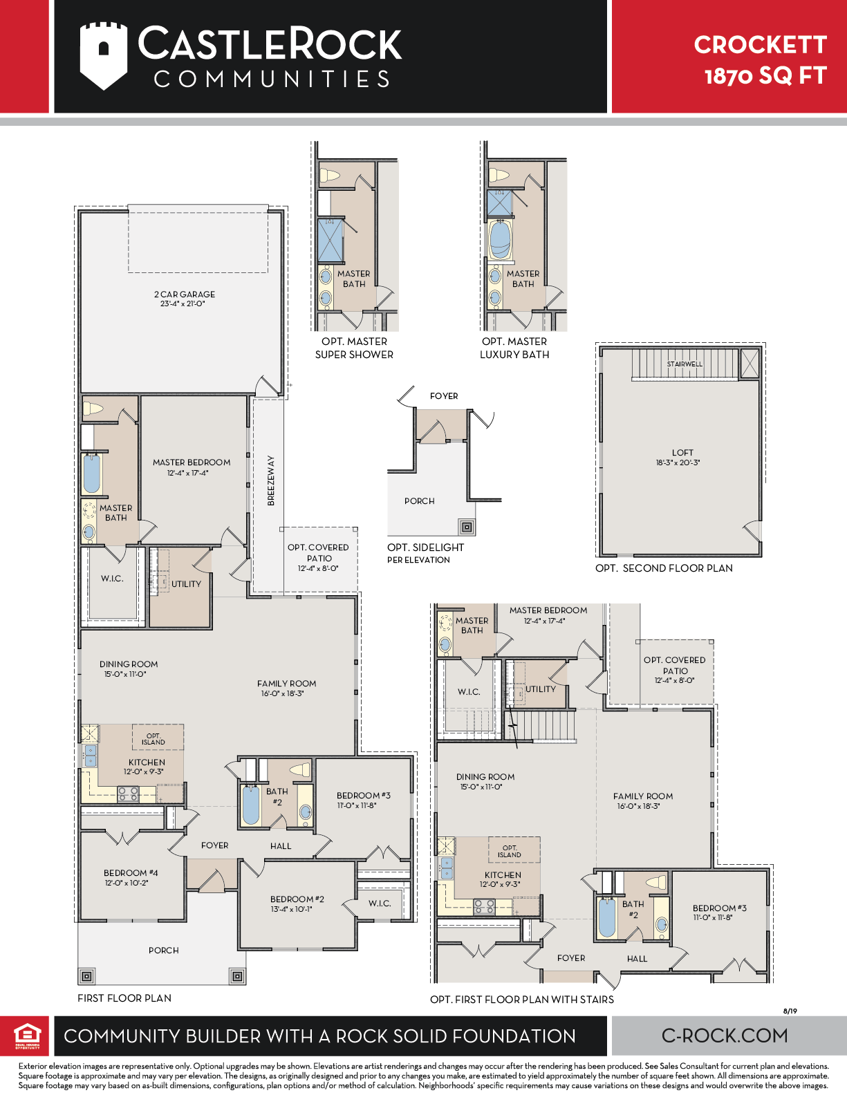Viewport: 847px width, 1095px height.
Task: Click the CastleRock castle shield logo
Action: (x=103, y=55)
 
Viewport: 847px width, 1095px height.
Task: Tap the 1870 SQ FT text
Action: (x=765, y=76)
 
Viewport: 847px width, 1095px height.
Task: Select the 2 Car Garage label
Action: (x=185, y=294)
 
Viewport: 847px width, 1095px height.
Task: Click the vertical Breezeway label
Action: (x=271, y=480)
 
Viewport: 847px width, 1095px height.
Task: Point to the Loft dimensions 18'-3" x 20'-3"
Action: (x=678, y=462)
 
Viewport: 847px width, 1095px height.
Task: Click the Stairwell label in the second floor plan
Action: (x=685, y=364)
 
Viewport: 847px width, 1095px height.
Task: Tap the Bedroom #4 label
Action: (x=131, y=873)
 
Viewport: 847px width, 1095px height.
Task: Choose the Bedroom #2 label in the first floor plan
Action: (x=297, y=899)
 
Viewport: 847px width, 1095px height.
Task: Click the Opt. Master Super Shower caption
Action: (x=354, y=348)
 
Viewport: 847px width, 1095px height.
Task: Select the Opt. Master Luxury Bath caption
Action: (x=514, y=348)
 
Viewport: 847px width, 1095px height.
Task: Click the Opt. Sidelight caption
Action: (x=425, y=547)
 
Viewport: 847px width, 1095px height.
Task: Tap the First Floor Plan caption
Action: (x=124, y=998)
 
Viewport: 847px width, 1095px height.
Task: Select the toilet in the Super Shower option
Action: (x=330, y=176)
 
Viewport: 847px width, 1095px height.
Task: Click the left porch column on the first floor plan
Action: (x=86, y=977)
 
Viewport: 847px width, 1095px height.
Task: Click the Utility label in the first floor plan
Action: (x=186, y=584)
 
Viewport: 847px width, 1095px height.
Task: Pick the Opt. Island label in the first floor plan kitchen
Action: (x=153, y=739)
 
